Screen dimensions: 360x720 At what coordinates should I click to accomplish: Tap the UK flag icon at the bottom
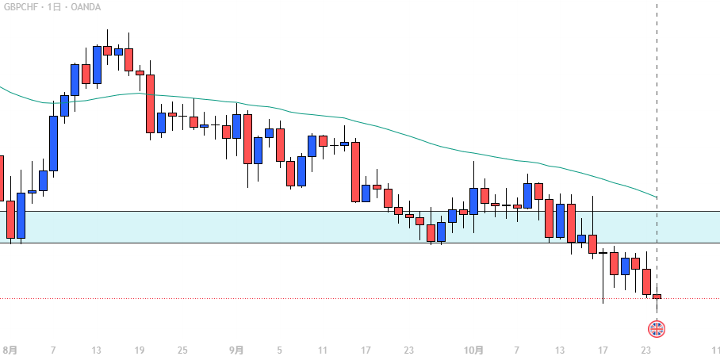[x=657, y=328]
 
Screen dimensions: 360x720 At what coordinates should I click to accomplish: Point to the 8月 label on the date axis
[x=10, y=350]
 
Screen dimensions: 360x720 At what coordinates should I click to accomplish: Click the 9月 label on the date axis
[x=236, y=350]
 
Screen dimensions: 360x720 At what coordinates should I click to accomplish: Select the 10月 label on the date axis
[x=473, y=350]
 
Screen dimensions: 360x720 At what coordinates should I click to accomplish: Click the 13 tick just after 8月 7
[x=96, y=350]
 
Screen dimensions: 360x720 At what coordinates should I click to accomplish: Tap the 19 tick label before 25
[x=140, y=350]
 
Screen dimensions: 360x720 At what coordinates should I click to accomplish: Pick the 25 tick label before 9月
[x=182, y=350]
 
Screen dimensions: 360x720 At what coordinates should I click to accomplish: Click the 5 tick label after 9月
[x=279, y=350]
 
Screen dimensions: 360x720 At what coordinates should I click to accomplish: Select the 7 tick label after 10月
[x=517, y=350]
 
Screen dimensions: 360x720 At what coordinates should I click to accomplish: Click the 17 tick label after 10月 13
[x=603, y=350]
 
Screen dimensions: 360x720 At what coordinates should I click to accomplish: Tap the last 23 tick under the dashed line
[x=646, y=350]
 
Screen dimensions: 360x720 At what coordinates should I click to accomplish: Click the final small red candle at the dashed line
[x=657, y=297]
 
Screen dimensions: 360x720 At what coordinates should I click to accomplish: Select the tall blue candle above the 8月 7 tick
[x=54, y=144]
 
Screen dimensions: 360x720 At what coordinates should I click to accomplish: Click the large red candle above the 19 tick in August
[x=150, y=103]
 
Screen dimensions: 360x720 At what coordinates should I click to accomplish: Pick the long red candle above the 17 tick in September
[x=356, y=171]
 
